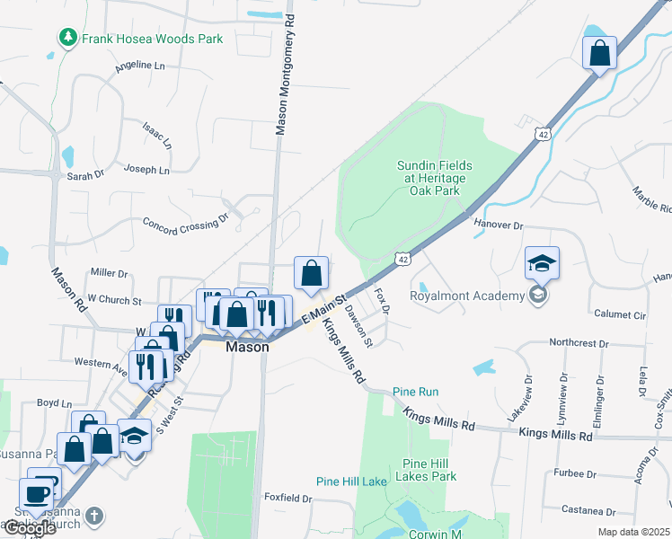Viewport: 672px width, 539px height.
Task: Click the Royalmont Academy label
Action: pos(466,296)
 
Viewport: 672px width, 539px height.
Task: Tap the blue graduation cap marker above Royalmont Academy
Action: pos(543,263)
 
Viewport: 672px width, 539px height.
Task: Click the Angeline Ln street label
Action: pos(140,66)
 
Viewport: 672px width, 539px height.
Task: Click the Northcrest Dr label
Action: pos(579,343)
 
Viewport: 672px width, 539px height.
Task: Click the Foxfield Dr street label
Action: pos(287,498)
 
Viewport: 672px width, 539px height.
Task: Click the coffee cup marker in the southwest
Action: pos(36,495)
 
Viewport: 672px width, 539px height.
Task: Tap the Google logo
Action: pos(31,528)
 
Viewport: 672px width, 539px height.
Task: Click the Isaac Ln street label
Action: pos(156,135)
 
